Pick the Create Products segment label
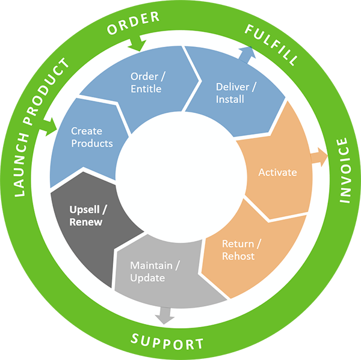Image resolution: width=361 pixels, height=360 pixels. click(x=91, y=137)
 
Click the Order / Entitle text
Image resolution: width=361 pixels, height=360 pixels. click(x=146, y=83)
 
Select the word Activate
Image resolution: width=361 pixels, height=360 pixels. click(x=277, y=172)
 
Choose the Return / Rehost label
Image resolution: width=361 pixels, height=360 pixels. click(x=238, y=250)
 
